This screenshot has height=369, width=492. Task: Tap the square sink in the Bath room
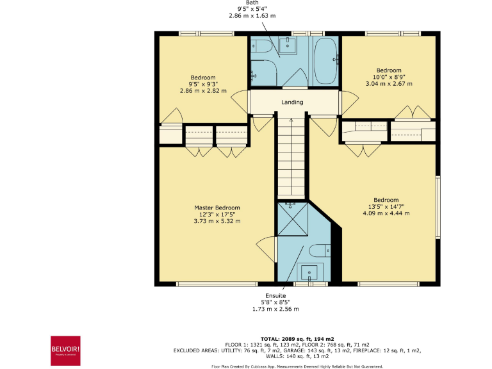[290, 45]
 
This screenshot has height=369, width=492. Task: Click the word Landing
[292, 102]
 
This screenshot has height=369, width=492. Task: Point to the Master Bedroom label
[217, 208]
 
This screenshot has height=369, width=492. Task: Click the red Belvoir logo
[65, 350]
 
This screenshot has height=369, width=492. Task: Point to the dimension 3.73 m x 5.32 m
[217, 221]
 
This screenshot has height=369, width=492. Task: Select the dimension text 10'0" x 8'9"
[389, 77]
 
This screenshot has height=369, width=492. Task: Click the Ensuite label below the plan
[275, 295]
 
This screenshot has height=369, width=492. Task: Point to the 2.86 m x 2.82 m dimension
[203, 91]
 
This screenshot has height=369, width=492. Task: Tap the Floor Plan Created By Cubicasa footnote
[297, 366]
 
